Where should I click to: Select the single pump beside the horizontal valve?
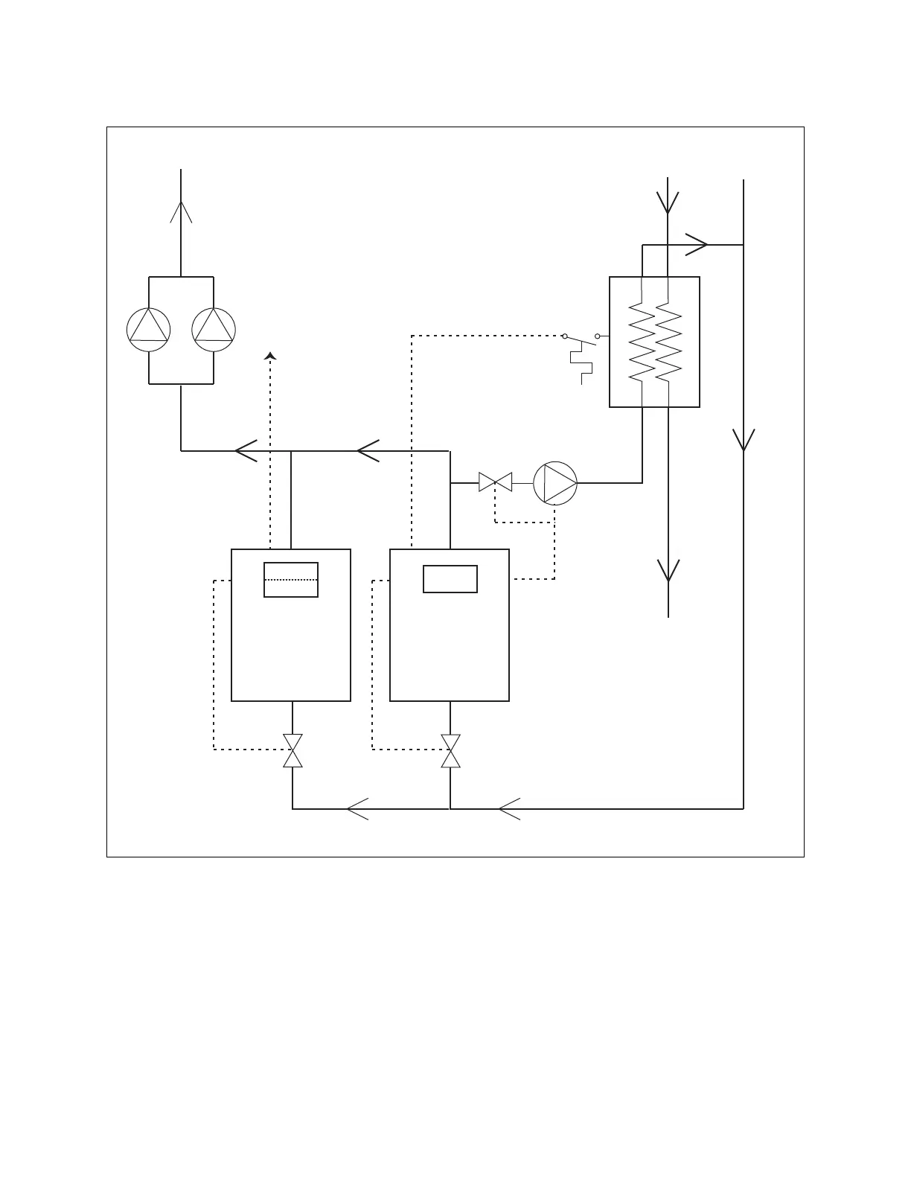click(555, 483)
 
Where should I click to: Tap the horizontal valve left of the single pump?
click(496, 483)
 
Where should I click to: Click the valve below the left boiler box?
click(293, 750)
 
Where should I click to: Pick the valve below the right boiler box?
click(450, 750)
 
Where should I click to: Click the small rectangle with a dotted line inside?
click(291, 579)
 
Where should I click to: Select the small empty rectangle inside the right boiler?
click(450, 579)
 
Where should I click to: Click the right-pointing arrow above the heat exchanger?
click(697, 244)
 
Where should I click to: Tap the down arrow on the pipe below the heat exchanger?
click(668, 570)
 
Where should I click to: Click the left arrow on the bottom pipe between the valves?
click(358, 808)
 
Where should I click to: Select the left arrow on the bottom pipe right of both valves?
click(509, 808)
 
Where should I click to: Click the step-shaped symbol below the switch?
click(582, 368)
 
